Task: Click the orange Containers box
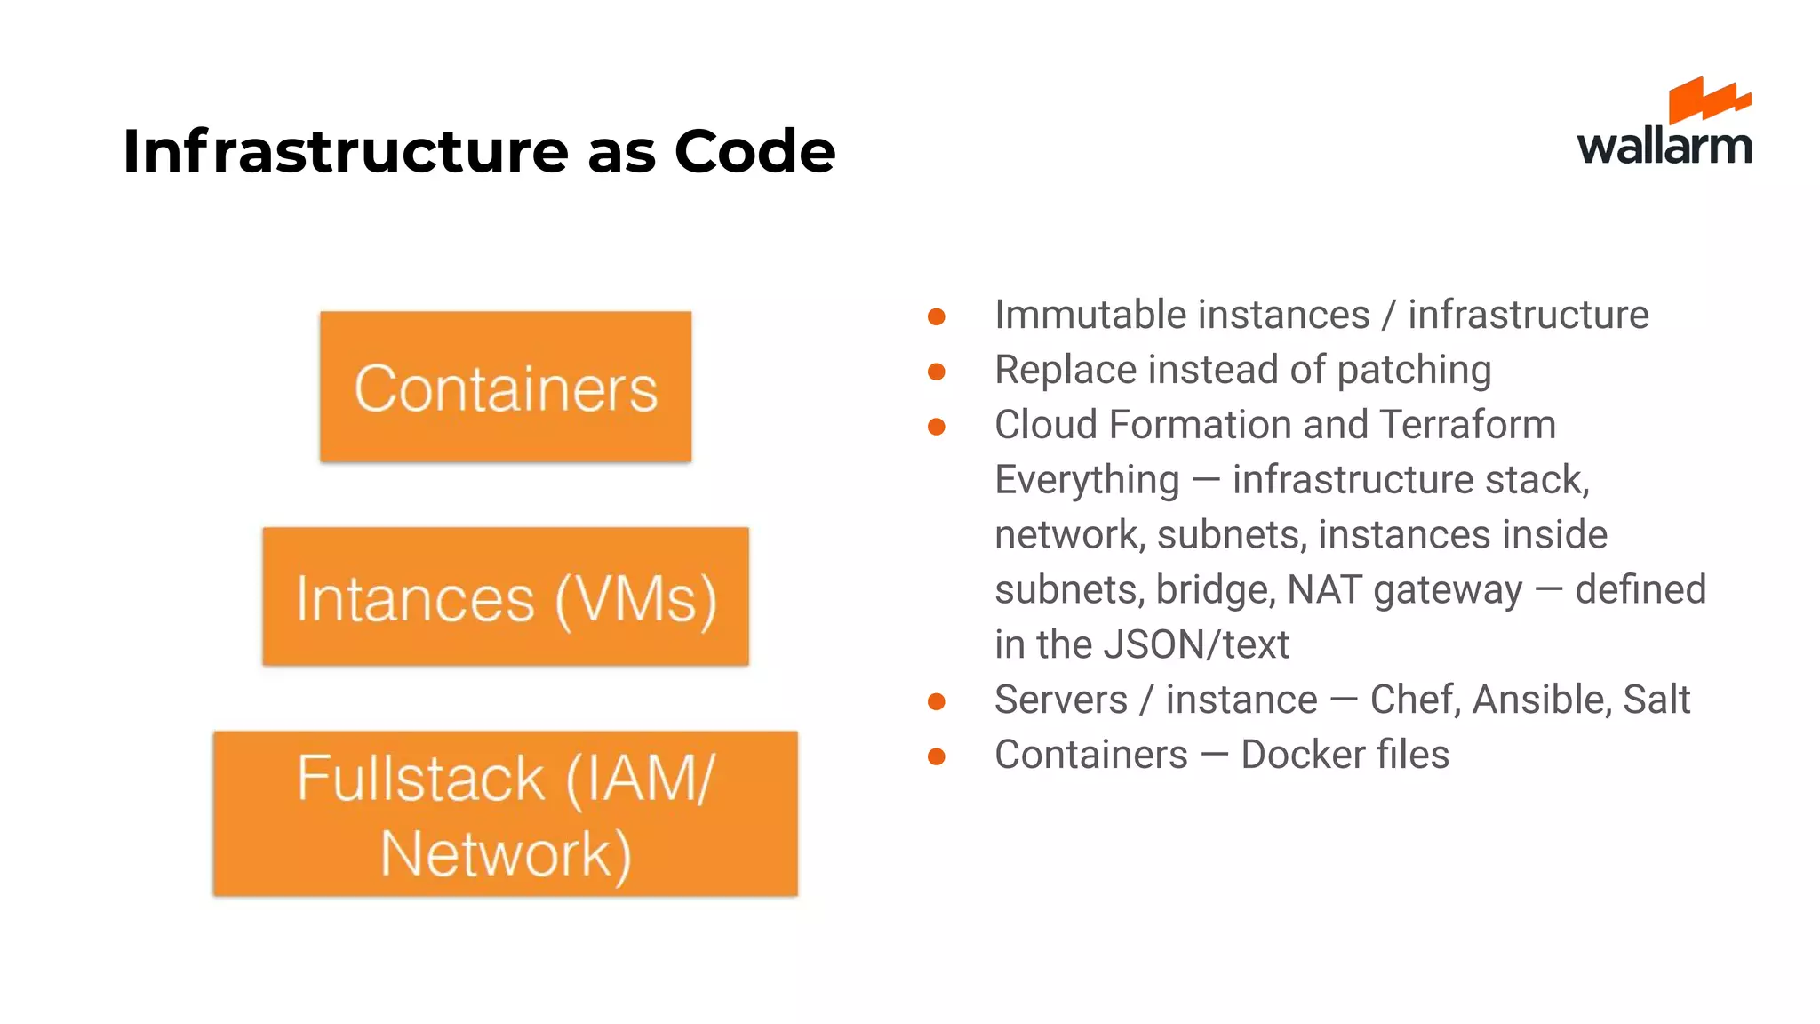(506, 387)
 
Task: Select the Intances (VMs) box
(506, 596)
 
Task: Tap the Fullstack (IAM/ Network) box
(506, 813)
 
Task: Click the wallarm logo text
(1664, 146)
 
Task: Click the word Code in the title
(754, 151)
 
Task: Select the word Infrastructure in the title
(345, 151)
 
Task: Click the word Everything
(1086, 481)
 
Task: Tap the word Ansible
(1541, 700)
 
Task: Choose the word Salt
(1656, 700)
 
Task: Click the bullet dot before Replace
(936, 372)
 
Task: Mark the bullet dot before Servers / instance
(936, 701)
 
